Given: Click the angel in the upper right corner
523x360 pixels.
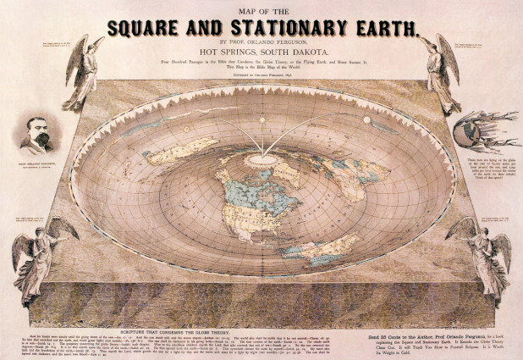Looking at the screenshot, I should pyautogui.click(x=440, y=71).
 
